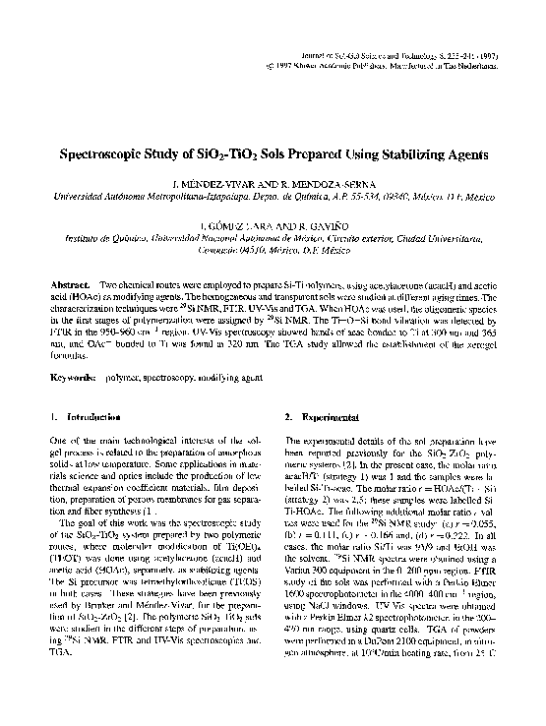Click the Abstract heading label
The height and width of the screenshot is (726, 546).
tap(71, 284)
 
